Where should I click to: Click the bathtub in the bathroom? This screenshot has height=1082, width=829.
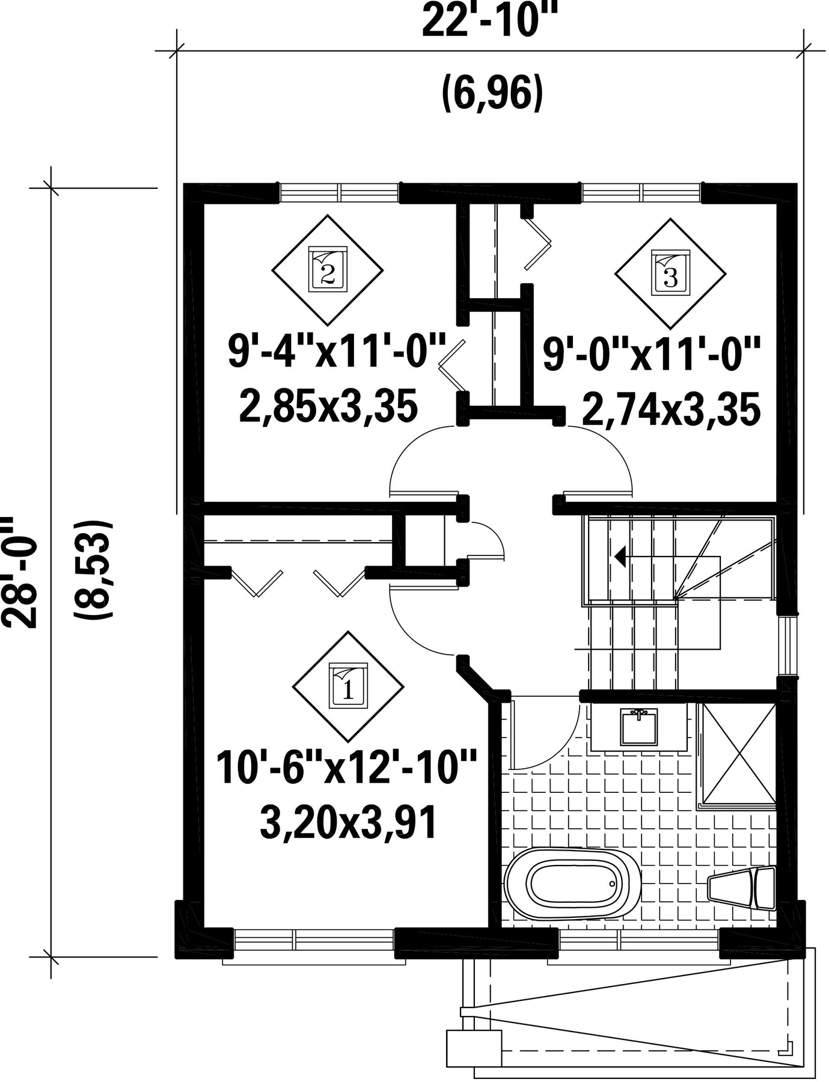coord(574,884)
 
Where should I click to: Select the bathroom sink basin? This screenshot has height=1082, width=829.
coord(639,726)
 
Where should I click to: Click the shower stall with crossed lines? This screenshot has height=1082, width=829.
coord(736,753)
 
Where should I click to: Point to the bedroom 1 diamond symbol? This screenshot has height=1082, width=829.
coord(348,686)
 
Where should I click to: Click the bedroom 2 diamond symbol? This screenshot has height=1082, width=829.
coord(328,269)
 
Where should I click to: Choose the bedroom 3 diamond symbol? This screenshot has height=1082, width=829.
coord(670,274)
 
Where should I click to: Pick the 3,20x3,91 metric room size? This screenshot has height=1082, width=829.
coord(348,823)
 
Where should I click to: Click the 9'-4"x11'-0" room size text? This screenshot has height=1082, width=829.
coord(337,352)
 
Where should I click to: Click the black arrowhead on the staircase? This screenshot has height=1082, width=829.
coord(619,556)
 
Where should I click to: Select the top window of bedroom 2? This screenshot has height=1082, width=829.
coord(340,193)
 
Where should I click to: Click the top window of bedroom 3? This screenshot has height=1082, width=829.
coord(641,193)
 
